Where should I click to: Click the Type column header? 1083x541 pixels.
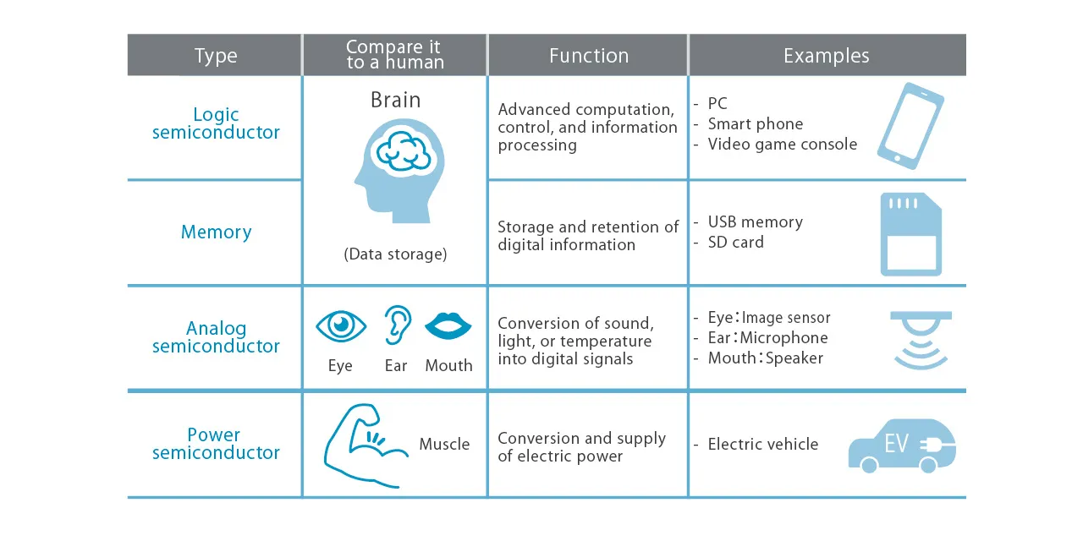(216, 57)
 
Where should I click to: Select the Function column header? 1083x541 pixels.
(588, 57)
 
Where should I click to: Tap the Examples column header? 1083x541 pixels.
(826, 57)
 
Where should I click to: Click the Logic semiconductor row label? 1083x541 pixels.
(216, 123)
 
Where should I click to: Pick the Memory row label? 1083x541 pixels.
(216, 232)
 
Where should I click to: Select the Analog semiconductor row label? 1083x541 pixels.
(216, 337)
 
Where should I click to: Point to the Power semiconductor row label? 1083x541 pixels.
(216, 444)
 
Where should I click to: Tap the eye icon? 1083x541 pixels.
(341, 325)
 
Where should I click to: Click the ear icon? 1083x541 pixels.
(397, 325)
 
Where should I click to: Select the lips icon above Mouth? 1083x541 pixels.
(448, 326)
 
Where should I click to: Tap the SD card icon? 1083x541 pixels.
(911, 233)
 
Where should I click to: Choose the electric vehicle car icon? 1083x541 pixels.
(901, 445)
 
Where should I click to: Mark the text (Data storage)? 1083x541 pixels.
(395, 254)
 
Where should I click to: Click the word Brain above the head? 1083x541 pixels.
(395, 101)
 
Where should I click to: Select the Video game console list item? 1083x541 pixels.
(782, 145)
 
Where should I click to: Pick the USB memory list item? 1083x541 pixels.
(755, 222)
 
